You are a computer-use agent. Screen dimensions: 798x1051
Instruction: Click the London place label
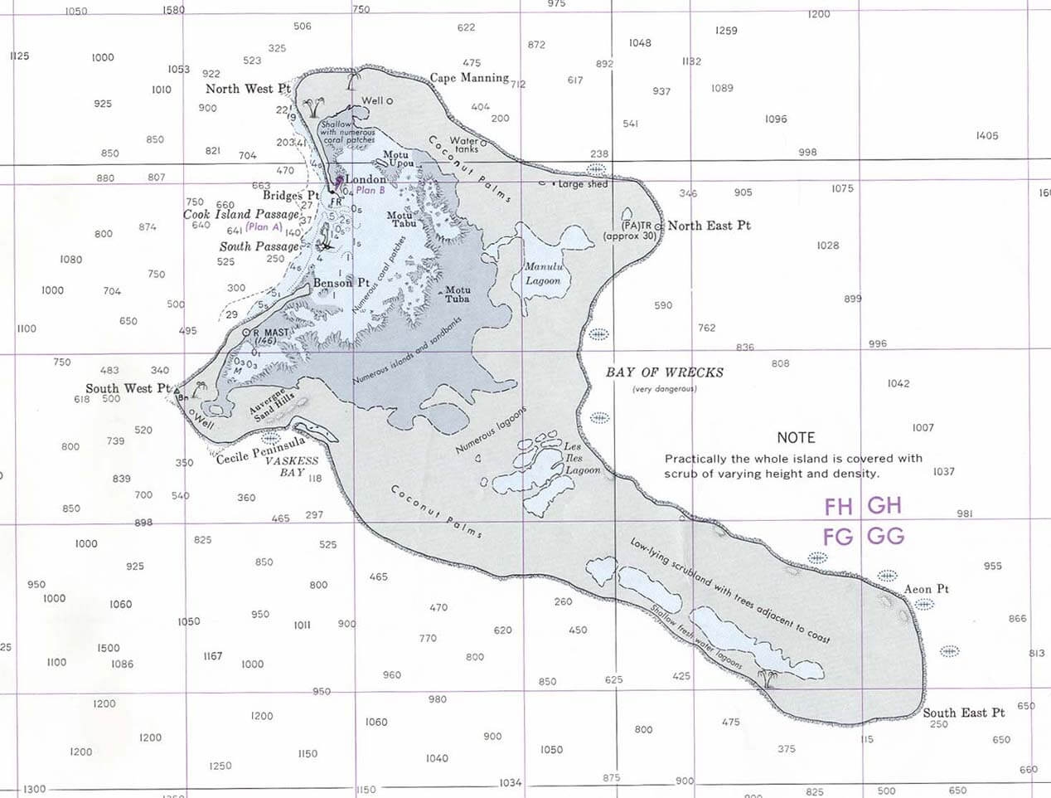point(366,179)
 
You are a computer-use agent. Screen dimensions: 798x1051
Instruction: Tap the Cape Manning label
point(469,78)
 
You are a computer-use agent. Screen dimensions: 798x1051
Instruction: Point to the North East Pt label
point(709,226)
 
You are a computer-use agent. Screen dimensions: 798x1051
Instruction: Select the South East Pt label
point(963,713)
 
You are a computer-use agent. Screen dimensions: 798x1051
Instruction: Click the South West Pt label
point(127,388)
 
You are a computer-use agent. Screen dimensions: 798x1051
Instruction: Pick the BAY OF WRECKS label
point(664,372)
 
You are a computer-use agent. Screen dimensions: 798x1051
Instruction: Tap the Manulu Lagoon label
point(543,274)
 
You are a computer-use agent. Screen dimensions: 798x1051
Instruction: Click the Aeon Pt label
point(926,589)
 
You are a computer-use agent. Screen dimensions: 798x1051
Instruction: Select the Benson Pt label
point(341,283)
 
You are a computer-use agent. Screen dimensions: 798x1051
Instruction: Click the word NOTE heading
point(796,437)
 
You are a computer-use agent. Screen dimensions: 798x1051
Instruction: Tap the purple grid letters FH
point(838,506)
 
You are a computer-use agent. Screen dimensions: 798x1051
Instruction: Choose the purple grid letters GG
point(885,536)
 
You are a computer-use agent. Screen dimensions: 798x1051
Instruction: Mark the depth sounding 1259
point(726,31)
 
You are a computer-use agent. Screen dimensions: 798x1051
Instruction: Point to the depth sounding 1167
point(213,656)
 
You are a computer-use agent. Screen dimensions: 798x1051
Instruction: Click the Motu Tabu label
point(402,219)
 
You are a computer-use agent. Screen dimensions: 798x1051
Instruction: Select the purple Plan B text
point(371,191)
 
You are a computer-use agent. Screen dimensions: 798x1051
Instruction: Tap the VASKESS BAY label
point(292,466)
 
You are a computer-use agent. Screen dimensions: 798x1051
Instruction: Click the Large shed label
point(583,184)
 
